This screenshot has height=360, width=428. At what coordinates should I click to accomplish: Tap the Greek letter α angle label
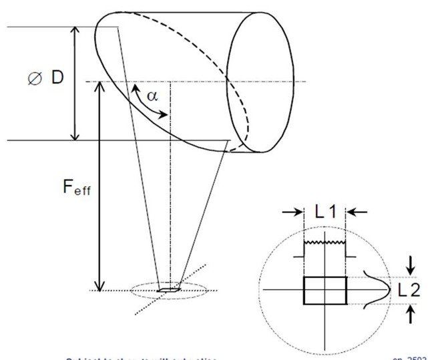(152, 95)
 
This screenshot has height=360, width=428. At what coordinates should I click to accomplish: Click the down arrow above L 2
(410, 261)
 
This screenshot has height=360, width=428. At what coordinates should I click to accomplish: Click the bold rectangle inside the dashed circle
(325, 291)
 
